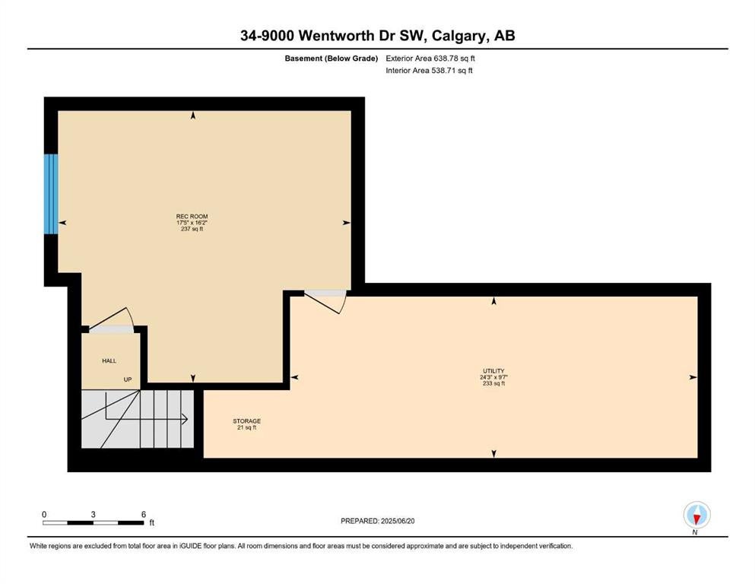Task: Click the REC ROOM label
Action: pos(192,217)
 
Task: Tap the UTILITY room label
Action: pos(493,371)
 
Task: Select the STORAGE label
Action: pos(246,421)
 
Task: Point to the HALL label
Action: pos(109,361)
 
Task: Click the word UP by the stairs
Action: pos(128,379)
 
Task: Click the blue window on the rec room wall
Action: pos(51,194)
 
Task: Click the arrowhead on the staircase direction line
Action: pos(184,420)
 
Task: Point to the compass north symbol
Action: pos(696,516)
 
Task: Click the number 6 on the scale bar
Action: pos(144,515)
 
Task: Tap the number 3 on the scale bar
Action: pos(93,515)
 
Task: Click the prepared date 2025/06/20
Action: pos(397,521)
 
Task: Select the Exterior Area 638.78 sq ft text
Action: pos(430,59)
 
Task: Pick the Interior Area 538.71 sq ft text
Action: pos(429,70)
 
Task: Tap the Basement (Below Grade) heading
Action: pos(332,59)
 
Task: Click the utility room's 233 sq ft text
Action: pos(493,384)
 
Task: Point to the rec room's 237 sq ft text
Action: pos(192,229)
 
